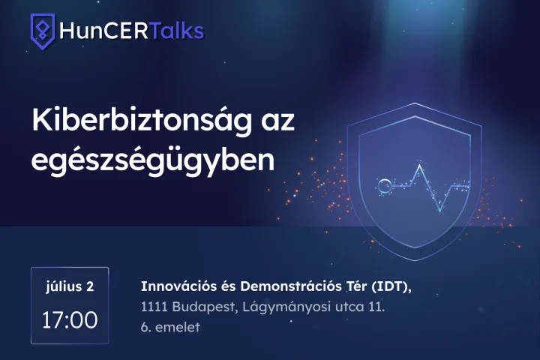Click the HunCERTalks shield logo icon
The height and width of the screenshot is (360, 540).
click(42, 31)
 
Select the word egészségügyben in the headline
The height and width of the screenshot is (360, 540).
click(153, 161)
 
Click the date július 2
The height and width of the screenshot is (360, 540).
click(70, 286)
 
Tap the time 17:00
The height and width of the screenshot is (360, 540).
click(70, 320)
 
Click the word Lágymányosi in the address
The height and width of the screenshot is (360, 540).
click(286, 307)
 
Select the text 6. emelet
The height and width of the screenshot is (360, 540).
click(170, 327)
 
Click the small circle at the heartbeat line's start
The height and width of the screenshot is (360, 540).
click(383, 186)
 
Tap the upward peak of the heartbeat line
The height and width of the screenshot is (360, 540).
click(420, 166)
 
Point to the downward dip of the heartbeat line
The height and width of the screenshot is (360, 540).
click(440, 211)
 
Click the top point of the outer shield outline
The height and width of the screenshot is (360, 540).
click(415, 103)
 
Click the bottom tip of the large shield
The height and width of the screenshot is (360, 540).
click(415, 260)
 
